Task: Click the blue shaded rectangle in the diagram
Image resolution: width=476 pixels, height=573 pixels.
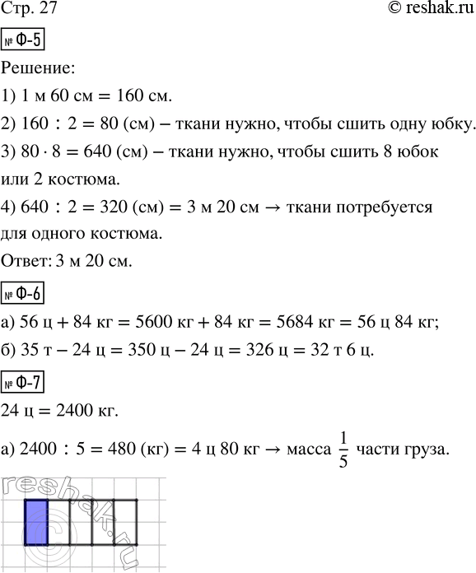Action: (35, 523)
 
